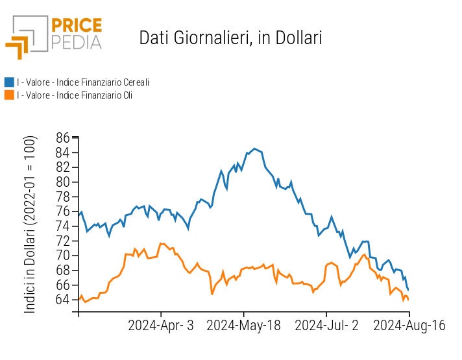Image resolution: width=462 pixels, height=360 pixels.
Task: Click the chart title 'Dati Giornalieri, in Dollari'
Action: coord(230,38)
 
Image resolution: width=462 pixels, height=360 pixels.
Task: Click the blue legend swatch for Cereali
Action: coord(9,82)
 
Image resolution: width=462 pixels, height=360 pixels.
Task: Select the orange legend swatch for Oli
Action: coord(9,95)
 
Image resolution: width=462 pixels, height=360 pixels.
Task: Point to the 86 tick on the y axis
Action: coord(62,138)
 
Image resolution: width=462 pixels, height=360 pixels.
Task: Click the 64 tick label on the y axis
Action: coord(62,299)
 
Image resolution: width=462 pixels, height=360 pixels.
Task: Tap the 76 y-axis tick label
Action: coord(62,211)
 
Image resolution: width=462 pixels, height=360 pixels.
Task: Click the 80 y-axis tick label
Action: coord(62,182)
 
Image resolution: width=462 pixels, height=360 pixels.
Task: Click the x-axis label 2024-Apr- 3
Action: coord(161,326)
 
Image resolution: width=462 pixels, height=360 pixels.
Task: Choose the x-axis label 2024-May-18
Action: coord(243,326)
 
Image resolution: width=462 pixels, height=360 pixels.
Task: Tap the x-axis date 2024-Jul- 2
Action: coord(326,326)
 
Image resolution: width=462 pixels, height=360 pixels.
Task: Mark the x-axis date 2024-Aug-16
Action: coord(409,326)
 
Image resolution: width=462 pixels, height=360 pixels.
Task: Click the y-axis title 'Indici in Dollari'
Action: coord(30,224)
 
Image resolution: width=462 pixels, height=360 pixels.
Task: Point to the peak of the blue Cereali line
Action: coord(254,149)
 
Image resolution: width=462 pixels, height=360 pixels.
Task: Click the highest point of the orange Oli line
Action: coord(161,243)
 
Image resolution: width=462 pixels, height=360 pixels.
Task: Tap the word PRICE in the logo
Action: coord(77,26)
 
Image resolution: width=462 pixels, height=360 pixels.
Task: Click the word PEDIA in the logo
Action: coord(77,42)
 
